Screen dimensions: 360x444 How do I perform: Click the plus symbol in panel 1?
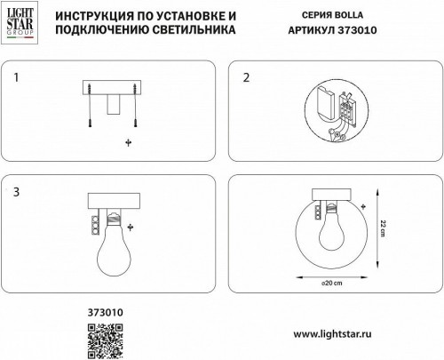(129, 141)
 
